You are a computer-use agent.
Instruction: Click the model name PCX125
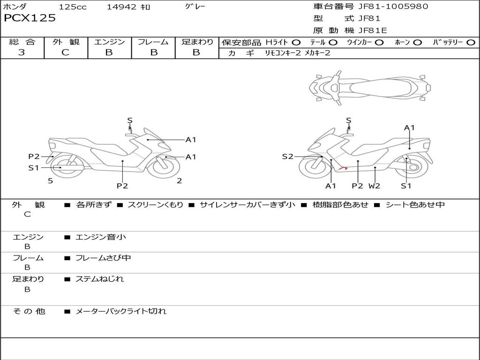click(30, 18)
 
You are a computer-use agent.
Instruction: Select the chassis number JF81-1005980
click(387, 7)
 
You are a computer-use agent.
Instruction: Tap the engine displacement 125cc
click(73, 7)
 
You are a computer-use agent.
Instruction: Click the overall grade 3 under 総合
click(22, 52)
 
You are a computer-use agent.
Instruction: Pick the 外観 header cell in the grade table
click(66, 42)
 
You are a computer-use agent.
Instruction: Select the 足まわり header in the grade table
click(197, 42)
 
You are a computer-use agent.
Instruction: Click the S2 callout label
click(287, 157)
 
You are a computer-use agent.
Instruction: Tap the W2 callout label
click(374, 186)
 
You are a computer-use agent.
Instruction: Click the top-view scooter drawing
click(370, 87)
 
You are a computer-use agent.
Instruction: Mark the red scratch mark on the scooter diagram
click(344, 168)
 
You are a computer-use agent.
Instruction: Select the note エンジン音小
click(100, 237)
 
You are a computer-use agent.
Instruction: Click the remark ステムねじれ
click(99, 279)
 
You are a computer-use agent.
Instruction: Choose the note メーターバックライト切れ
click(120, 311)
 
